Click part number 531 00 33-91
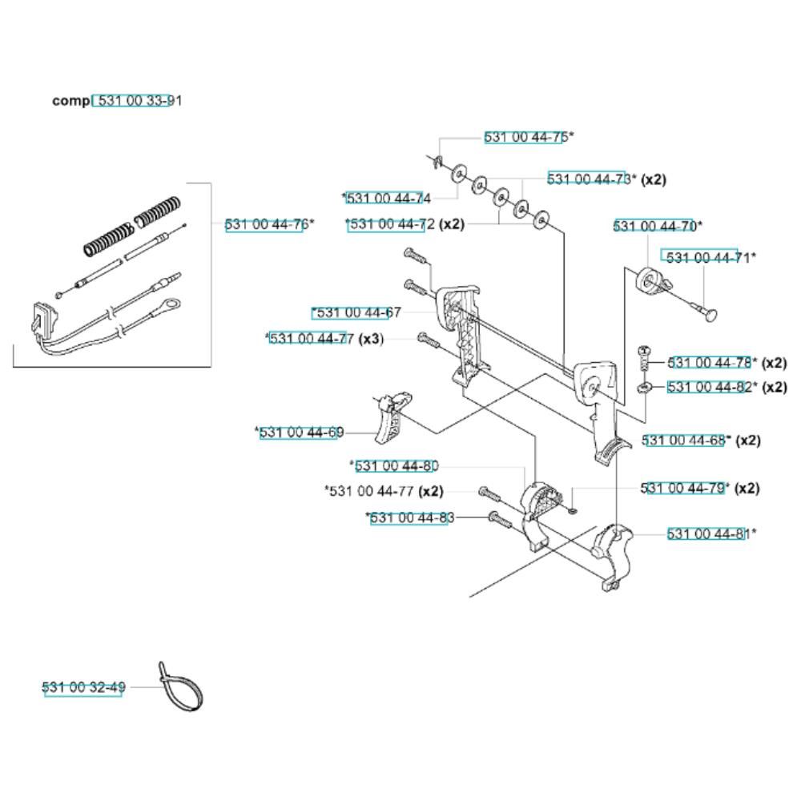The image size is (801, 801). point(139,101)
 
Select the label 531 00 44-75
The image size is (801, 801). point(526,137)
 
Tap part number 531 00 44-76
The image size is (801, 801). point(267,224)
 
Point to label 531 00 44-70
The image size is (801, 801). point(655,226)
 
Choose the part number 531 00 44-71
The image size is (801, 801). point(708,257)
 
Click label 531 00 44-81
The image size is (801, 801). point(709,533)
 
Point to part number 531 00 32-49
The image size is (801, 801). point(84,687)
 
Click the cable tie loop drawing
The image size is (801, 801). point(180,686)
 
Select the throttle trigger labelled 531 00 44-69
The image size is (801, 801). point(392,417)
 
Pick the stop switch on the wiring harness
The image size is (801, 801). point(44,320)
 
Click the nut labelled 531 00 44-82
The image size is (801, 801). point(645,388)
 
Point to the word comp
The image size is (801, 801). point(70,101)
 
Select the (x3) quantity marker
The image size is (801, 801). point(371,339)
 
